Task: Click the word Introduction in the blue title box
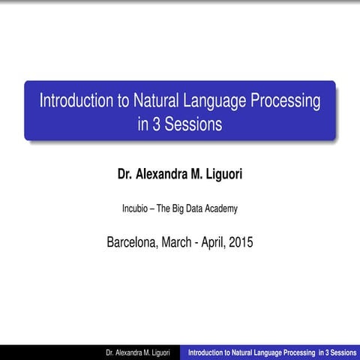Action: [x=76, y=100]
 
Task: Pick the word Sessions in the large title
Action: [x=193, y=124]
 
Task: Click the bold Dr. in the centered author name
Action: [x=127, y=175]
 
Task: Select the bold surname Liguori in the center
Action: [x=222, y=175]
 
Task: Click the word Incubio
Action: [x=136, y=208]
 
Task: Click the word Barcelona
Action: [x=133, y=242]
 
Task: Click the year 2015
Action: [x=240, y=242]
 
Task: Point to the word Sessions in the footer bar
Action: [x=341, y=352]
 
